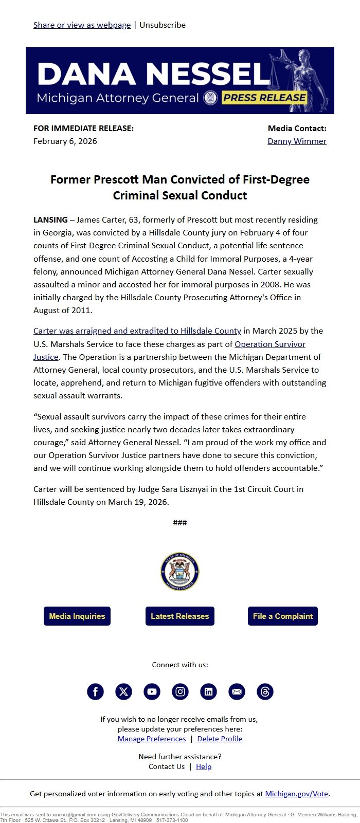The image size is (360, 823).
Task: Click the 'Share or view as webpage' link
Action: (82, 25)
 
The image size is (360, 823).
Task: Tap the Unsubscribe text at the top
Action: (163, 25)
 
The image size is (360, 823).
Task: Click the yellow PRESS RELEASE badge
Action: (265, 98)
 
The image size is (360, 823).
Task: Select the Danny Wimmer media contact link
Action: (297, 141)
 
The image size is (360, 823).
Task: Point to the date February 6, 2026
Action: (65, 141)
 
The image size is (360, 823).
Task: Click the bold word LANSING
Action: (50, 220)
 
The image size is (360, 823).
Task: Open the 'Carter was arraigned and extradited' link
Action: (137, 331)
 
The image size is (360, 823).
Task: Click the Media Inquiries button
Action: (77, 616)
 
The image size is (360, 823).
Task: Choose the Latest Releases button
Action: (180, 616)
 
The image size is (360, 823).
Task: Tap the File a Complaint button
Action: (283, 616)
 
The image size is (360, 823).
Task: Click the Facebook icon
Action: (95, 691)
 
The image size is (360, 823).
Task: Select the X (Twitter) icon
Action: (123, 691)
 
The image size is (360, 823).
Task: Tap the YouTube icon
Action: (152, 691)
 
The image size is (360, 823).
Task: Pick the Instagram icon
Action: (180, 691)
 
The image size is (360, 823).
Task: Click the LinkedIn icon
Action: (208, 691)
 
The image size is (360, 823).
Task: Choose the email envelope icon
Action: (237, 691)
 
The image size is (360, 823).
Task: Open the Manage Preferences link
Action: (152, 739)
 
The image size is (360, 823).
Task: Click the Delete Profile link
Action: (220, 739)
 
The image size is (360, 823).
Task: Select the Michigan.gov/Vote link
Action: (296, 794)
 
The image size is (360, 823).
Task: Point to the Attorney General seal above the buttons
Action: (180, 572)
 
